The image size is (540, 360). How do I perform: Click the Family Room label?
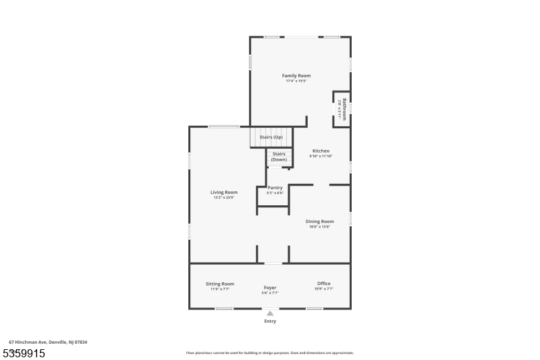296,76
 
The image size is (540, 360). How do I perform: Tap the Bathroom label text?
344,109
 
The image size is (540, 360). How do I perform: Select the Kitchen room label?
321,150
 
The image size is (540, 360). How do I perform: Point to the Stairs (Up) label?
271,137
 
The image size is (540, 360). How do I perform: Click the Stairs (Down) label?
279,157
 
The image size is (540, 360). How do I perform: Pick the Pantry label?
275,188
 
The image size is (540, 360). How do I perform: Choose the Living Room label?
224,192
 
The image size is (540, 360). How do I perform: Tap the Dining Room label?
319,221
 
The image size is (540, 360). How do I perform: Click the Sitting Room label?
220,283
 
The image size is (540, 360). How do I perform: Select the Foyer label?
270,288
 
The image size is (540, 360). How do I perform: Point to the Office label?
324,283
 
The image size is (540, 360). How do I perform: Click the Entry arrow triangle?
270,313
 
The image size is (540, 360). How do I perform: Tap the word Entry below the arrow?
270,322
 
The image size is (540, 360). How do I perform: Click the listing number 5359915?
24,353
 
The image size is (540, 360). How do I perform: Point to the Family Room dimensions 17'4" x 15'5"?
296,81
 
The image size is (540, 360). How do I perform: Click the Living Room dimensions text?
224,197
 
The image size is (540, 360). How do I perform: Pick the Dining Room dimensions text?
319,226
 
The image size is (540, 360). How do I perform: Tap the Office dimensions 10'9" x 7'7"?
324,288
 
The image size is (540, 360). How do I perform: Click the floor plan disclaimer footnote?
269,353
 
